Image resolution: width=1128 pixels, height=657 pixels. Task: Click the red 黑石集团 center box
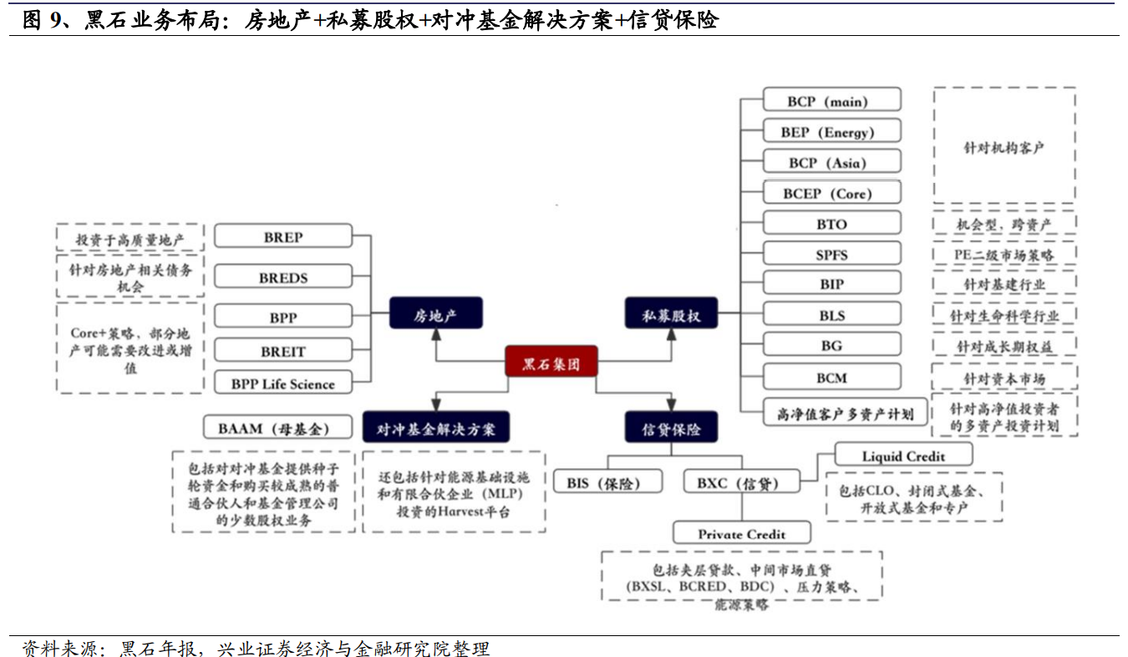point(551,364)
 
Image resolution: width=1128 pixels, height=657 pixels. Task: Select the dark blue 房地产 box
point(435,315)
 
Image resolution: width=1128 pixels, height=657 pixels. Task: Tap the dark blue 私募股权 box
point(671,316)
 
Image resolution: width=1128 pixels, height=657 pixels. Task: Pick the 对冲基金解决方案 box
point(435,429)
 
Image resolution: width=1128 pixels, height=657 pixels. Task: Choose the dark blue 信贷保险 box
point(671,429)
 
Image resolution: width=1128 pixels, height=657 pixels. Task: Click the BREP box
point(283,237)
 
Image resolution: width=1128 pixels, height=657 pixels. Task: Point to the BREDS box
point(283,278)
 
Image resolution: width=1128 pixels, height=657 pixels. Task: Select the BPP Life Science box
point(283,385)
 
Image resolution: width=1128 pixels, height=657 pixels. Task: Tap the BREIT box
point(283,352)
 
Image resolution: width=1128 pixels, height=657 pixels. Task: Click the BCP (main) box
point(831,101)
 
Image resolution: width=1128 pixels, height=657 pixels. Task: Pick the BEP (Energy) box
point(831,132)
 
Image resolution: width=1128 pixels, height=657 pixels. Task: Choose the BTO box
point(831,224)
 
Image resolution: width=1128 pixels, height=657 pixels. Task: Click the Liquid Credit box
point(903,456)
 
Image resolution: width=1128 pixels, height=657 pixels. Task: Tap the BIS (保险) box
point(608,482)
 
